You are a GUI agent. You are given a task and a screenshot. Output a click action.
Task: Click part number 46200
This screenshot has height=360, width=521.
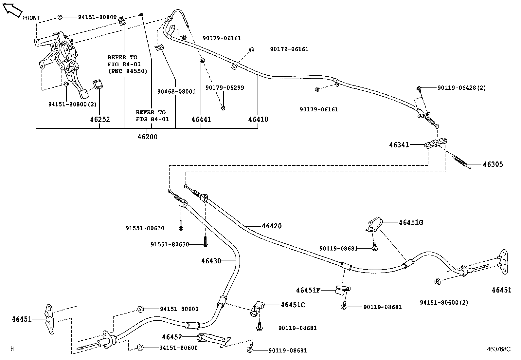pyautogui.click(x=147, y=137)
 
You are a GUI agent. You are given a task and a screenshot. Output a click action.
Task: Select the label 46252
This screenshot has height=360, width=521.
pyautogui.click(x=100, y=120)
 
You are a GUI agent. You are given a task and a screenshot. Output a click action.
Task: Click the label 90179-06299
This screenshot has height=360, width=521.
pyautogui.click(x=225, y=88)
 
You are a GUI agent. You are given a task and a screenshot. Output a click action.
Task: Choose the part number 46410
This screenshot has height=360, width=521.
pyautogui.click(x=258, y=120)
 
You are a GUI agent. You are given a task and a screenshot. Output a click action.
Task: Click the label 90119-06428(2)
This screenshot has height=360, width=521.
pyautogui.click(x=461, y=88)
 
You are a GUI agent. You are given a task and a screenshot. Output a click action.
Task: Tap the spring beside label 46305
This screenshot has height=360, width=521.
pyautogui.click(x=461, y=161)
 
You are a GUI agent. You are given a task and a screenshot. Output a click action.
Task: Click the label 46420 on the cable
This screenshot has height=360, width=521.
pyautogui.click(x=272, y=226)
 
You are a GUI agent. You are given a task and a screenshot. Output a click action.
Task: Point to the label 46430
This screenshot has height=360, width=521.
pyautogui.click(x=211, y=261)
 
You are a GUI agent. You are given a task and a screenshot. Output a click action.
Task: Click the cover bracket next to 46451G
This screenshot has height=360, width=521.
pyautogui.click(x=374, y=225)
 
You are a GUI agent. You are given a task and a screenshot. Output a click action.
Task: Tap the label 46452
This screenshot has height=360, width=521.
pyautogui.click(x=172, y=337)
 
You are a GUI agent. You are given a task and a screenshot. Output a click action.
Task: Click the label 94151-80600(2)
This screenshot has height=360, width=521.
pyautogui.click(x=444, y=303)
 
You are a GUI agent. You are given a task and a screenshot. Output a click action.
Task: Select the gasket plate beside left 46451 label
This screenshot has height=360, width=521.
pyautogui.click(x=49, y=319)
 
